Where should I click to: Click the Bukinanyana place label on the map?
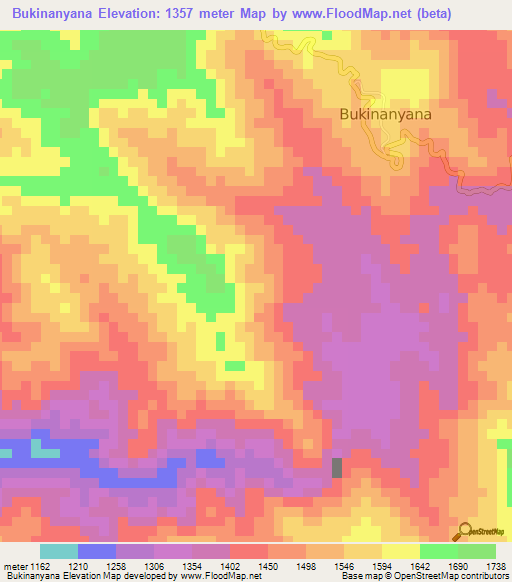(385, 115)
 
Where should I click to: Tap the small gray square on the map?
(336, 467)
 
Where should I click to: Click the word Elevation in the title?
(124, 14)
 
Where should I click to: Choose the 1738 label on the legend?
(495, 567)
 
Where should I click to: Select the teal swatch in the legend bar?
(59, 551)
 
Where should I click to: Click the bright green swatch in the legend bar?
(439, 551)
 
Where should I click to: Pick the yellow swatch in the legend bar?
(401, 551)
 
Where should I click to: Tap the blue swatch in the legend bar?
(97, 551)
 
